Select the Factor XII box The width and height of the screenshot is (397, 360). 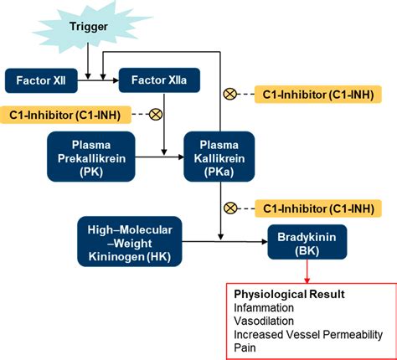41,81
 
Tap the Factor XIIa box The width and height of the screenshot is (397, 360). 160,81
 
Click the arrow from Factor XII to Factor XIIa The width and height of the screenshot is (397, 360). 100,81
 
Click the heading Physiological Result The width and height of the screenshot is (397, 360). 276,296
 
